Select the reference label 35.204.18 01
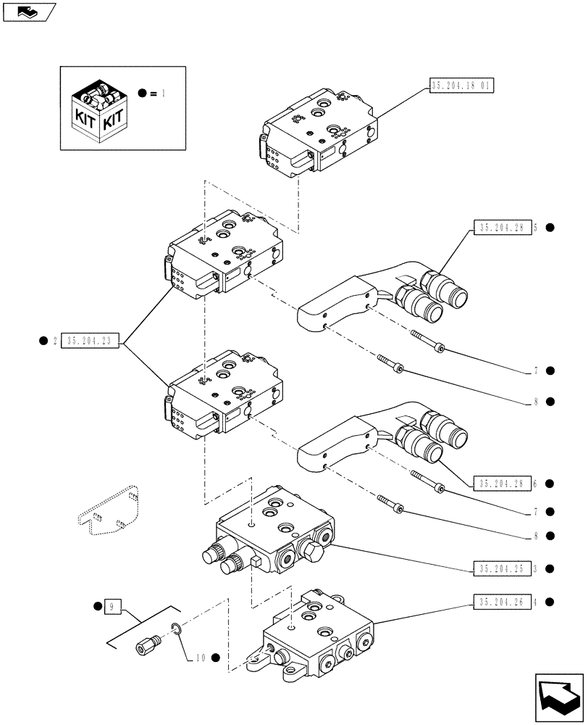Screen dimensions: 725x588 [x=461, y=86]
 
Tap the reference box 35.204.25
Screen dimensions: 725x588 [x=502, y=568]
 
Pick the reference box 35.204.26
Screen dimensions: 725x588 [x=502, y=601]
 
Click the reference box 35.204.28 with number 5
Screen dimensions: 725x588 [x=502, y=228]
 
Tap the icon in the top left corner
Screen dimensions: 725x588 [x=29, y=11]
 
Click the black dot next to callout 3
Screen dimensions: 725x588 [x=550, y=568]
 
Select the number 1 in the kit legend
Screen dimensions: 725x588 [x=164, y=93]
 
